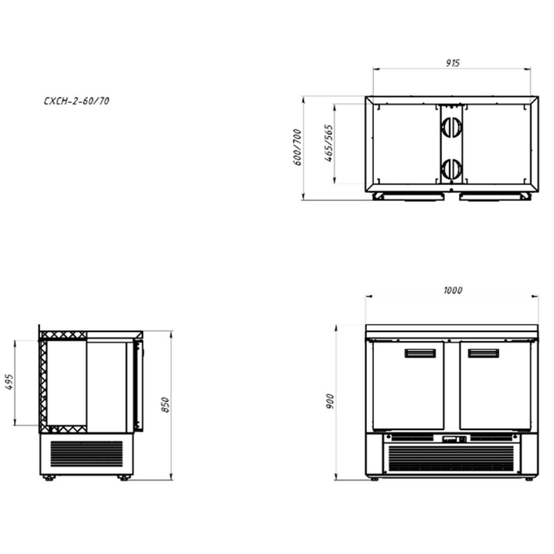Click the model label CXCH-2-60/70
[x=76, y=101]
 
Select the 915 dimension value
[x=453, y=63]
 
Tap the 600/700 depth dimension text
[x=297, y=147]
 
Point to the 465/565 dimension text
[x=329, y=143]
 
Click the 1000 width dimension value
[x=453, y=290]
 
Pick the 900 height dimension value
[x=330, y=401]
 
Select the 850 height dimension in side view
[x=165, y=405]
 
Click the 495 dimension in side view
[x=9, y=382]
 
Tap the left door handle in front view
[x=420, y=353]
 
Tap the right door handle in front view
[x=483, y=353]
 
